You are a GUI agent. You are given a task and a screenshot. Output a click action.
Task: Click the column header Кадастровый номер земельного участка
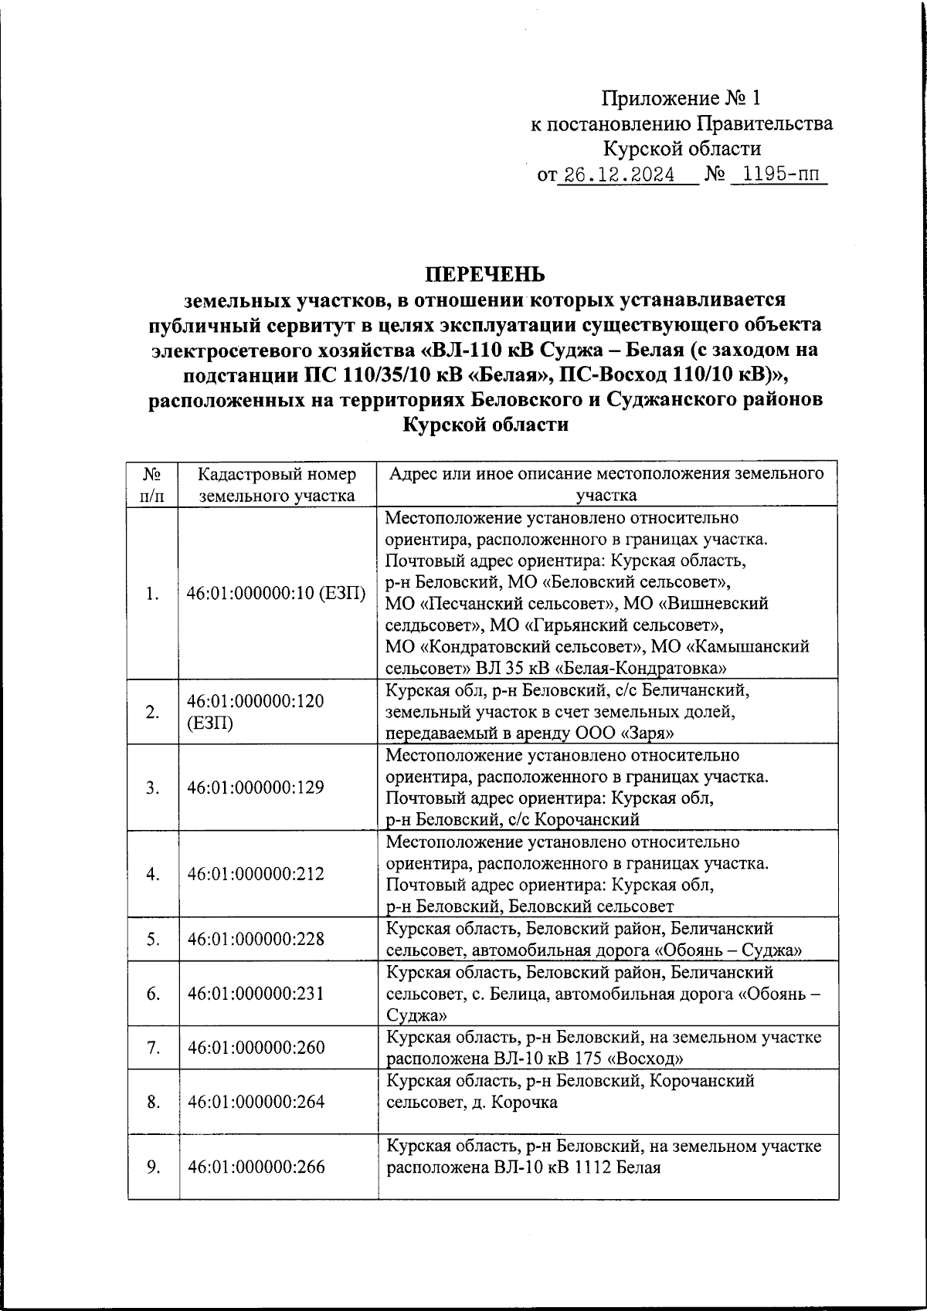(x=277, y=484)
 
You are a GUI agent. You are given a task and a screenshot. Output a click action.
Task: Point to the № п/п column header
(x=152, y=484)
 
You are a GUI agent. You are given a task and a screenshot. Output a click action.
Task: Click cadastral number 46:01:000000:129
(x=256, y=788)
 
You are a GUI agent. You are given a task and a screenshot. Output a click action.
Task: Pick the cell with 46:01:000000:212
(x=256, y=874)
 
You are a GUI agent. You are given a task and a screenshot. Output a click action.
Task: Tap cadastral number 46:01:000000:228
(x=256, y=939)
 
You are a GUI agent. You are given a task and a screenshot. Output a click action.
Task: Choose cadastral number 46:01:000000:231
(x=256, y=993)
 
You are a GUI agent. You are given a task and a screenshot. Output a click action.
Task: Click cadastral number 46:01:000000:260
(x=256, y=1047)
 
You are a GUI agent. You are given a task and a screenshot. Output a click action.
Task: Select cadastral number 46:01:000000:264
(x=256, y=1101)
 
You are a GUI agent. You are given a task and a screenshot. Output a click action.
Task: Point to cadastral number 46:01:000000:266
(x=256, y=1167)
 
